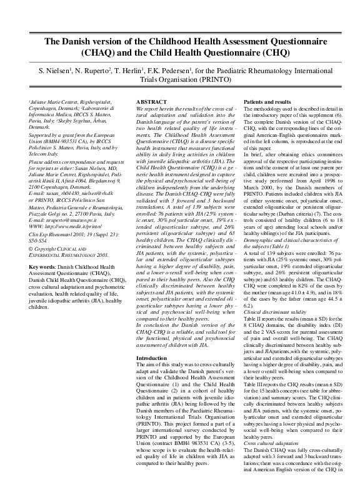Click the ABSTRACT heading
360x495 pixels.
click(x=152, y=101)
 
